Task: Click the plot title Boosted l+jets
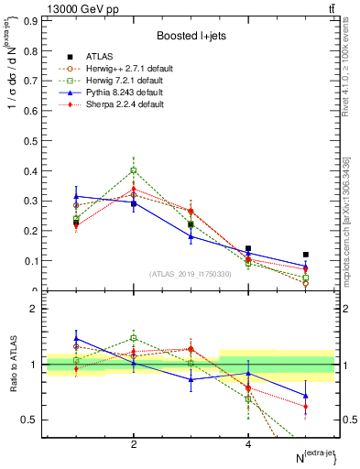[191, 36]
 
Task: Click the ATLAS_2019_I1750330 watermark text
[191, 274]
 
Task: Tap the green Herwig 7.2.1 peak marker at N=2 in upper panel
[134, 170]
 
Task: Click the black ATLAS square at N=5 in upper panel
[306, 255]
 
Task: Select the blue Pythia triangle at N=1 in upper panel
[76, 196]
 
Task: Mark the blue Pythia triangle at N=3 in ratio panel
[191, 378]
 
